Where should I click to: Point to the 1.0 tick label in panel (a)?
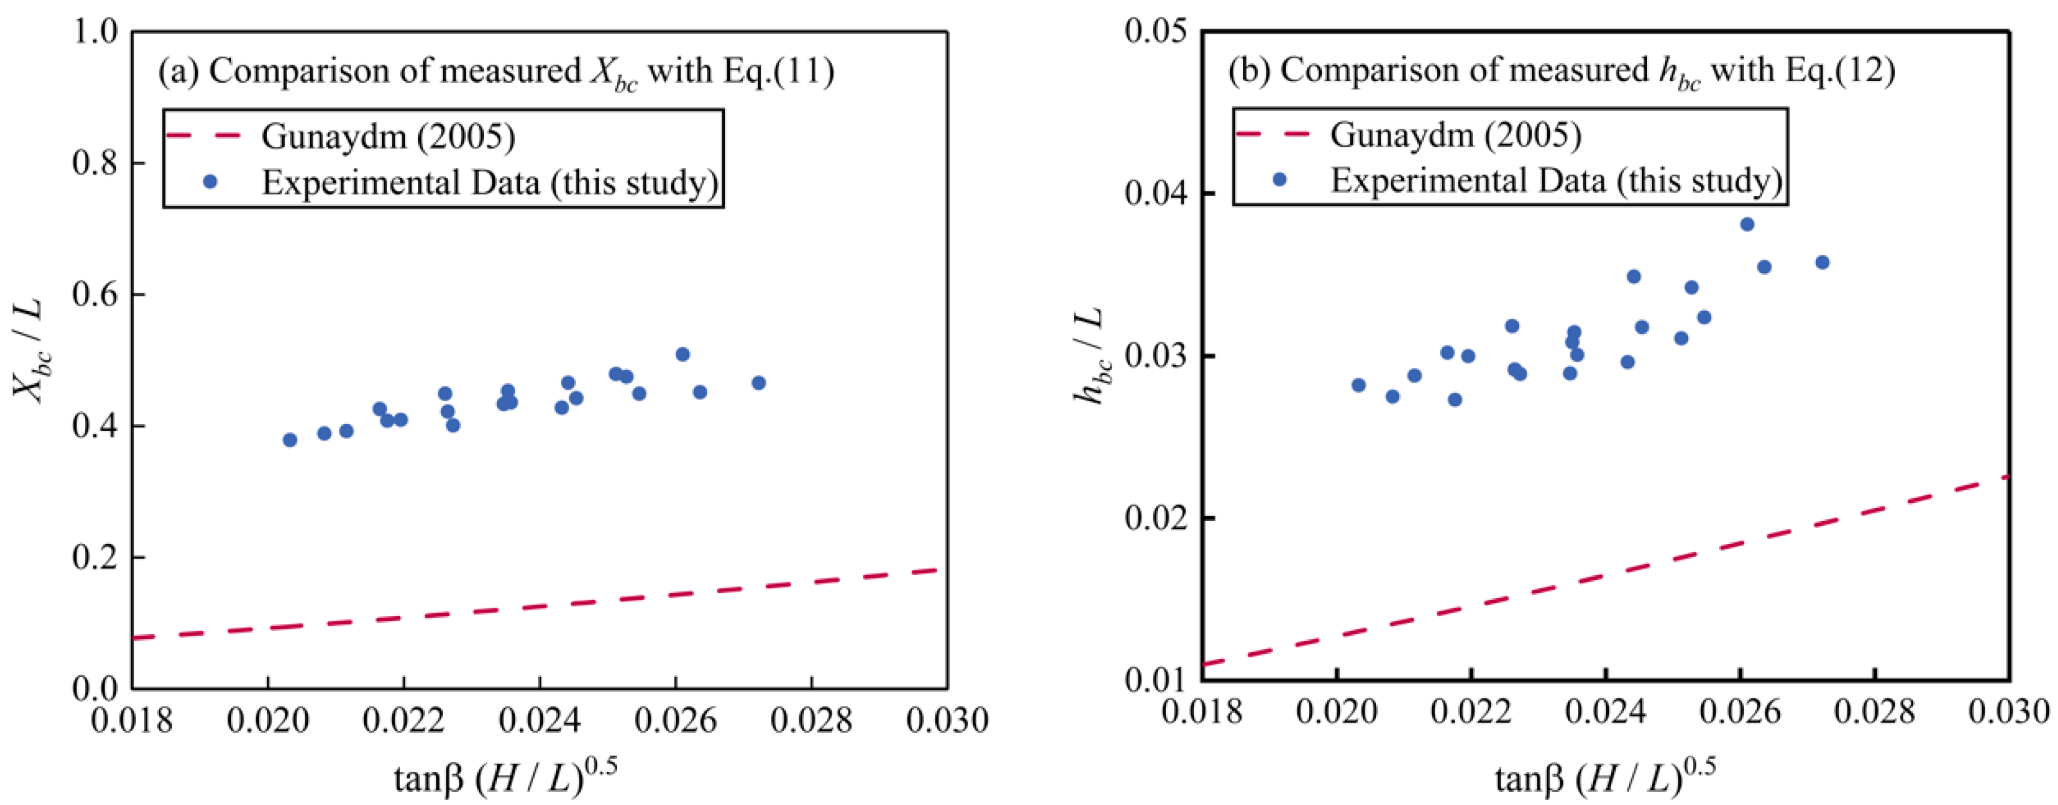[x=94, y=32]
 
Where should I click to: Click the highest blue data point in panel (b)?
[x=1747, y=224]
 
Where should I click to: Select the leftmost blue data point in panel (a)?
[x=290, y=440]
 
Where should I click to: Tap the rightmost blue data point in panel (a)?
[x=759, y=383]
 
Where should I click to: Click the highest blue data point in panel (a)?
[x=682, y=354]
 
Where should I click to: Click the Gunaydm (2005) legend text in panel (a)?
[x=388, y=137]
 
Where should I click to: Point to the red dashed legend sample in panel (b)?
[x=1273, y=134]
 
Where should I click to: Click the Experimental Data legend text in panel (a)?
[x=490, y=183]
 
